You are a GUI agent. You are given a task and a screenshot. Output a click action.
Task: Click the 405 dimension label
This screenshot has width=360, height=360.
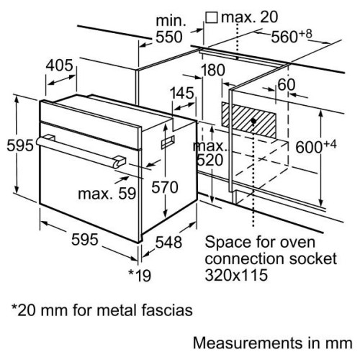pyautogui.click(x=59, y=66)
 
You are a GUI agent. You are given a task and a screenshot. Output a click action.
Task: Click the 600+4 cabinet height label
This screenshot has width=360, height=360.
pyautogui.click(x=315, y=147)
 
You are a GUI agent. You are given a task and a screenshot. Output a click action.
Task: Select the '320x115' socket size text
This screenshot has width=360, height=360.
pyautogui.click(x=235, y=274)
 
